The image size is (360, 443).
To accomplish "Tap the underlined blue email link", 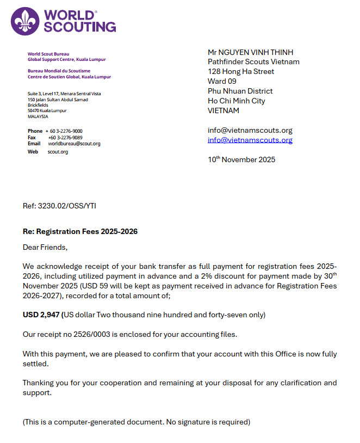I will pos(250,140).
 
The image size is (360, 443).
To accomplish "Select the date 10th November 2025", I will pos(241,159).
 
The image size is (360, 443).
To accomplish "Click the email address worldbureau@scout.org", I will pos(74,144).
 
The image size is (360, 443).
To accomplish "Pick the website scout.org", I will pos(58,152).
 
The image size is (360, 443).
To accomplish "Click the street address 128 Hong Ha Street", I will pos(241,71).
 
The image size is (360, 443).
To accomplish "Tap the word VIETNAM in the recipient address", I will pos(223,110).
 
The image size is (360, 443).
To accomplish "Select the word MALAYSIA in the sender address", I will pos(38,116).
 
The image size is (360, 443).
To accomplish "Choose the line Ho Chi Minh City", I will pos(236,101).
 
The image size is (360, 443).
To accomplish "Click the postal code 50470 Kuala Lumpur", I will pos(47,110).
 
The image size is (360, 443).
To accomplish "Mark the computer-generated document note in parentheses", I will pos(136,422).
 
